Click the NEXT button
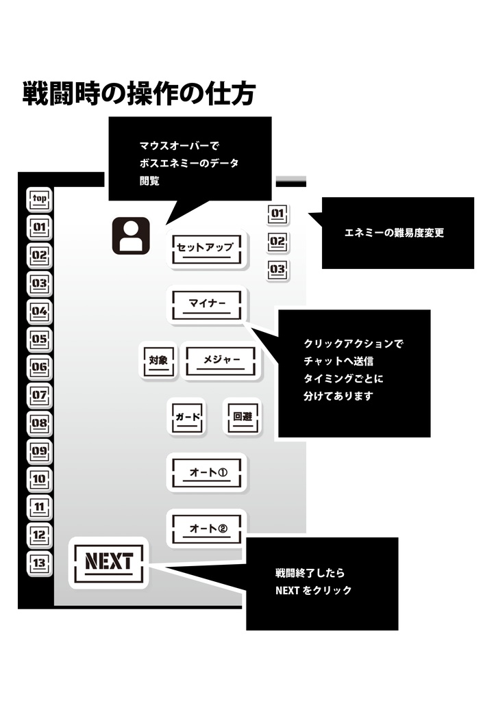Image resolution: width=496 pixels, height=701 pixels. click(x=108, y=562)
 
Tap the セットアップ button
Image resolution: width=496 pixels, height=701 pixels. click(x=205, y=248)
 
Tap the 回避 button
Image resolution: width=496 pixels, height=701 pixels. click(x=242, y=416)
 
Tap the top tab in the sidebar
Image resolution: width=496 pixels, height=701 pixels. click(x=40, y=199)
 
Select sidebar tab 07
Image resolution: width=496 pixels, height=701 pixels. click(x=40, y=395)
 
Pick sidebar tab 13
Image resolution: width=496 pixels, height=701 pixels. click(x=40, y=563)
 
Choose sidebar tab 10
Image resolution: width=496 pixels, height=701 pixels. click(x=40, y=479)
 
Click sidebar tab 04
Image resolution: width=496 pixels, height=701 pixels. click(x=40, y=311)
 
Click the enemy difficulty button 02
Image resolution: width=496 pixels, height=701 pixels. click(x=277, y=242)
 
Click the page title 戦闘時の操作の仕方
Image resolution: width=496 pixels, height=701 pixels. click(x=139, y=94)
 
